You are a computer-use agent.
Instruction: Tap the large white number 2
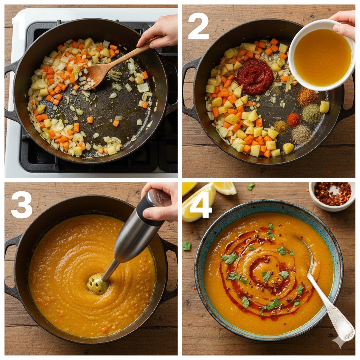click(x=198, y=26)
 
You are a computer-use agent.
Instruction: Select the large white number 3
click(x=21, y=205)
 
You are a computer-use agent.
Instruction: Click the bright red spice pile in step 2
click(x=294, y=120)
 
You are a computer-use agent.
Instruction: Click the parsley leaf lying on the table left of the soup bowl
click(x=187, y=246)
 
